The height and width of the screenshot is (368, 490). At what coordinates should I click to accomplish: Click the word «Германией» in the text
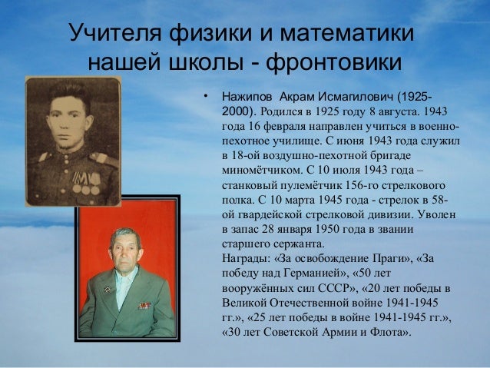(310, 273)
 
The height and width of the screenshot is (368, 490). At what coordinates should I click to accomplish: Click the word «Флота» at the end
(392, 331)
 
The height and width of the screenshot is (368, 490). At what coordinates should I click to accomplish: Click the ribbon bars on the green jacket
(145, 305)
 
